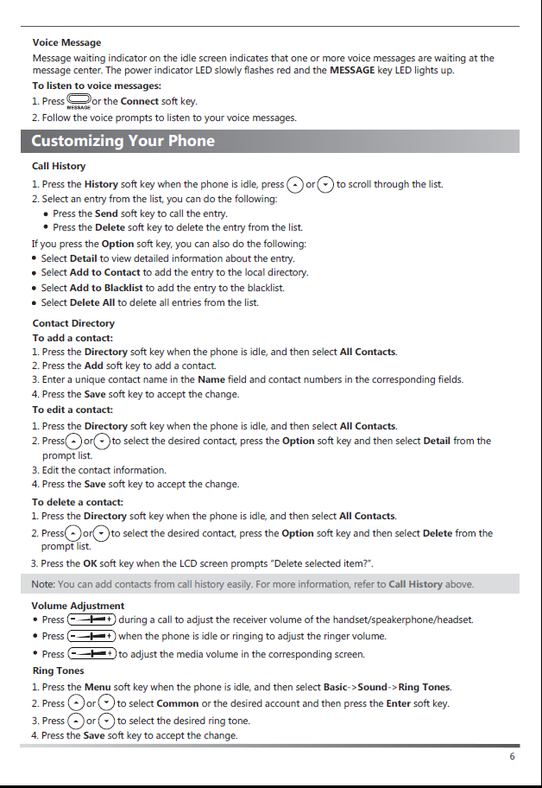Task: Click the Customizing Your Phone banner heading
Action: (123, 141)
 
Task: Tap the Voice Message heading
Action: (66, 42)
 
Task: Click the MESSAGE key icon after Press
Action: (79, 102)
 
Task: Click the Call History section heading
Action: (59, 166)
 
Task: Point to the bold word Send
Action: (106, 213)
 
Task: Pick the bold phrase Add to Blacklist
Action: (105, 288)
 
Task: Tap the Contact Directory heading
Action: (73, 323)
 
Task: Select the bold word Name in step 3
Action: (211, 379)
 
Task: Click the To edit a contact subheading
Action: (72, 410)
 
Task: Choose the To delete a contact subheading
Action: (78, 502)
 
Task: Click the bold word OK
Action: (90, 564)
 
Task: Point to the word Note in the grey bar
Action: (42, 585)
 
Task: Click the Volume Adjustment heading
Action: (78, 606)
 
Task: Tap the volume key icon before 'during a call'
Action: (91, 620)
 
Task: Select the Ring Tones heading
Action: (58, 670)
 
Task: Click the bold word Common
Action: (178, 704)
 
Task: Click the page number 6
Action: (512, 757)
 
